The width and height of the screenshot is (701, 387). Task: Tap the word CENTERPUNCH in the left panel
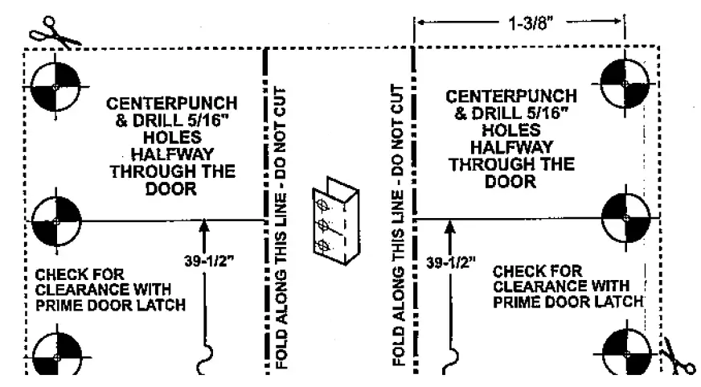click(x=172, y=105)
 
